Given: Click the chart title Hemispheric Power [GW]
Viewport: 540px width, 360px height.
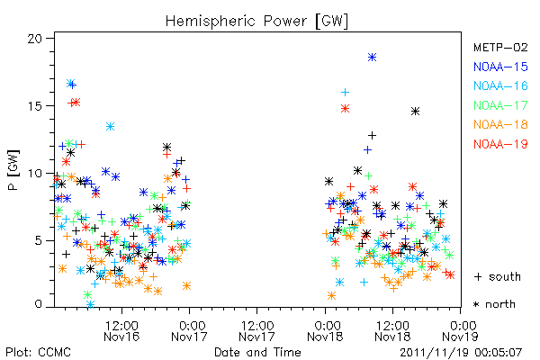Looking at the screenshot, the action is pos(256,22).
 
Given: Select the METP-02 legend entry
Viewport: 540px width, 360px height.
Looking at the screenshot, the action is pos(500,47).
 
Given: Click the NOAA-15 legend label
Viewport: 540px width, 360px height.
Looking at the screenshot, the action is pos(500,67).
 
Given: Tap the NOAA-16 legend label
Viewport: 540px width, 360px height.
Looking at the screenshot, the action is pos(500,85).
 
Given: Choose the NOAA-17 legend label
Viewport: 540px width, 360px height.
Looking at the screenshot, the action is pos(500,105).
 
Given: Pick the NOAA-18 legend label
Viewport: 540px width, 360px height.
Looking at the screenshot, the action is pos(500,124).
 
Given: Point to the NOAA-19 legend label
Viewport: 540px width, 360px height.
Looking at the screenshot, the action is pos(500,144).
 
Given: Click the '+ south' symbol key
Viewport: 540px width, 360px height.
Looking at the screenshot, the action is pos(498,276).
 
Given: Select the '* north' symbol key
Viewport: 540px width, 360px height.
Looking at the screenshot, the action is pos(494,304).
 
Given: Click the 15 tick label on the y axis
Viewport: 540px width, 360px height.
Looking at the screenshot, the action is pos(35,106).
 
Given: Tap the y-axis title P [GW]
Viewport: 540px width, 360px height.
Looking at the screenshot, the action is pos(13,170).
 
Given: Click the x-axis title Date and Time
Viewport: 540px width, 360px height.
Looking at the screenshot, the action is pos(257,353).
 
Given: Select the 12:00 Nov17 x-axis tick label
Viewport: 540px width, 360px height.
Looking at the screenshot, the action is pos(256,331).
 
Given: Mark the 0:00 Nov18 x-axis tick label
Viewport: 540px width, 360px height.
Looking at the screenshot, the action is pos(325,331).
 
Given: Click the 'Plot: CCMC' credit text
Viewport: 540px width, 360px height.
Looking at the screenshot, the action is pos(38,353).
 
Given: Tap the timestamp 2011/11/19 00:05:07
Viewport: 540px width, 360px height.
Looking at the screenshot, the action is pos(461,353).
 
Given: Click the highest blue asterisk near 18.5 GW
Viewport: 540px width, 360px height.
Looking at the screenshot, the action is pos(372,58).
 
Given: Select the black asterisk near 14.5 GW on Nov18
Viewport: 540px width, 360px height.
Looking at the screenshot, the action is pos(415,112).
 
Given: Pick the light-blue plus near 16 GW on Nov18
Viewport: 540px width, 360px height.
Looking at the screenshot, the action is pos(345,92).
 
